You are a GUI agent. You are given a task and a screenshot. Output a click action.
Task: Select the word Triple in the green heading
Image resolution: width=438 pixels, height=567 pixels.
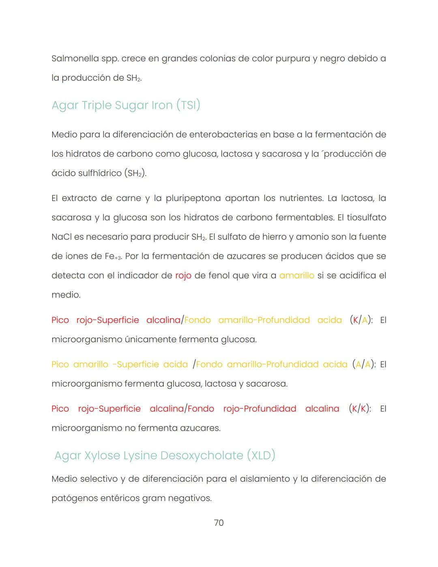pos(97,106)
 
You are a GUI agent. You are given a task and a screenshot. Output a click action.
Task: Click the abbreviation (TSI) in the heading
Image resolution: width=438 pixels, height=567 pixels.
pos(188,106)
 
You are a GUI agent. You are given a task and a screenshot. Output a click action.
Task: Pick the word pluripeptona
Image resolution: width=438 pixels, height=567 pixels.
pos(193,198)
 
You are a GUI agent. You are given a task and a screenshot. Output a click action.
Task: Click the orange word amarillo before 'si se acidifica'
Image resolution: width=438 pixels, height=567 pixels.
pos(296,276)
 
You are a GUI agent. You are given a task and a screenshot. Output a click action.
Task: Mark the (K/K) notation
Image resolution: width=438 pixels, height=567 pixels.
pos(360,409)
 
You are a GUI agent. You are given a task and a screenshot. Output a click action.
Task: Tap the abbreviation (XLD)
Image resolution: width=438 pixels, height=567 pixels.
pos(261,456)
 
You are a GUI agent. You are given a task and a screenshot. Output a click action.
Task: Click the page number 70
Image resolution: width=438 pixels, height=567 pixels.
pos(219,523)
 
